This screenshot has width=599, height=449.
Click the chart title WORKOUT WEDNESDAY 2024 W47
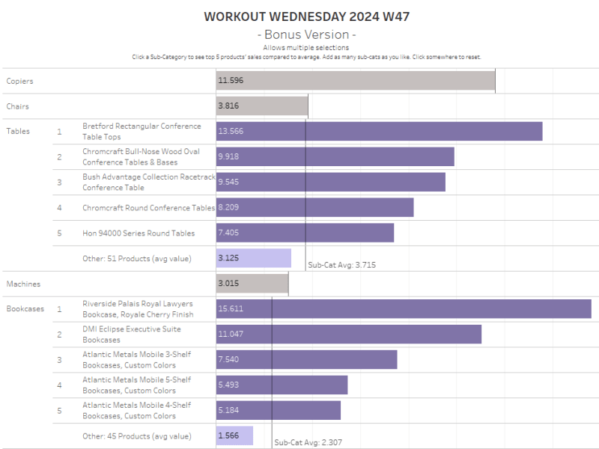pyautogui.click(x=306, y=16)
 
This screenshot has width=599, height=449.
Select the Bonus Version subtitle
pyautogui.click(x=306, y=34)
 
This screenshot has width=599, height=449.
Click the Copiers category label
pyautogui.click(x=19, y=81)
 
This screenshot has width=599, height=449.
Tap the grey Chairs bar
pyautogui.click(x=262, y=106)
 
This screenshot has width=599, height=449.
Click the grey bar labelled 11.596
pyautogui.click(x=356, y=80)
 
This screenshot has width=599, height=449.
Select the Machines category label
pyautogui.click(x=23, y=284)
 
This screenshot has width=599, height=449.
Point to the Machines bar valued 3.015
pyautogui.click(x=252, y=284)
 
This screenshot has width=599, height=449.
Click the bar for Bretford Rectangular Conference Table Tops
pyautogui.click(x=379, y=131)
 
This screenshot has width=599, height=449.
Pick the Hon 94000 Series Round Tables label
pyautogui.click(x=139, y=233)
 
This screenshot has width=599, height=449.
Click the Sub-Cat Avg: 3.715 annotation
pyautogui.click(x=341, y=265)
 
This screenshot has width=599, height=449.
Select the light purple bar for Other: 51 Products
pyautogui.click(x=254, y=258)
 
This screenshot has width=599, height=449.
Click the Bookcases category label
pyautogui.click(x=25, y=308)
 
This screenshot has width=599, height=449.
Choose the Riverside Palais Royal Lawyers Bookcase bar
pyautogui.click(x=404, y=308)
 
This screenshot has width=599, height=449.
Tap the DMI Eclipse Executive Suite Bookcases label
pyautogui.click(x=131, y=334)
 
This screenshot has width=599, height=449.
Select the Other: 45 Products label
pyautogui.click(x=136, y=436)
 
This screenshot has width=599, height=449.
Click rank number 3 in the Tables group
pyautogui.click(x=60, y=182)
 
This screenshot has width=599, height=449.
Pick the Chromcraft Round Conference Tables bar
pyautogui.click(x=314, y=207)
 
